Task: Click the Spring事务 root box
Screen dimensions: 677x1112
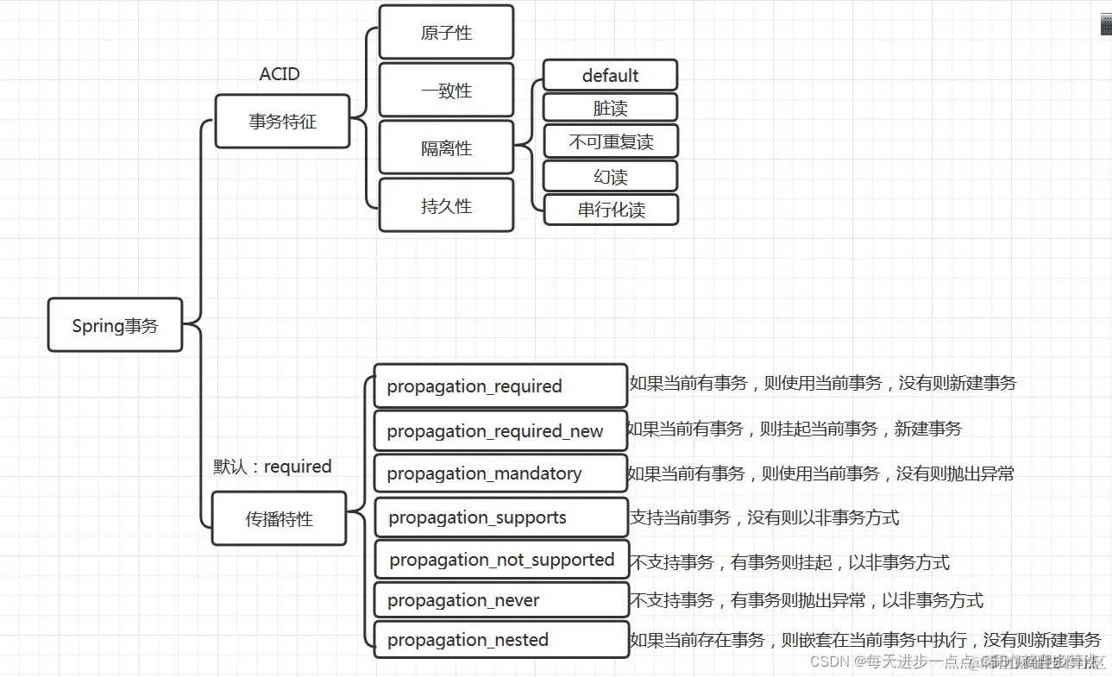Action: (115, 325)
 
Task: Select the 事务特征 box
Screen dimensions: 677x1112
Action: (282, 122)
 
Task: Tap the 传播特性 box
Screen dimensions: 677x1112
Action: (279, 519)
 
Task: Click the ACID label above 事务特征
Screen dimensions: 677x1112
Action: (280, 74)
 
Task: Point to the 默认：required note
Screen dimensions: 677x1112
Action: (273, 467)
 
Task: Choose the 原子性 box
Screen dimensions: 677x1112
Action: (446, 33)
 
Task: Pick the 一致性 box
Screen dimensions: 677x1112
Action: (446, 91)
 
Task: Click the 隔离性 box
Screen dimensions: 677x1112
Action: (446, 148)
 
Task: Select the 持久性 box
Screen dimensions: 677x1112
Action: (446, 206)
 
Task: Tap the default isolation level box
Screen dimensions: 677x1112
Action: (610, 76)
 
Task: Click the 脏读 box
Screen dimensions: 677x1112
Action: (610, 108)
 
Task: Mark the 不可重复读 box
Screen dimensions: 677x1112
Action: (610, 141)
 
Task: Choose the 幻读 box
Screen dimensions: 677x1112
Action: (610, 177)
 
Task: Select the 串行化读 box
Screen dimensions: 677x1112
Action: (611, 210)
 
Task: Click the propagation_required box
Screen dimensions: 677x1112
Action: (500, 386)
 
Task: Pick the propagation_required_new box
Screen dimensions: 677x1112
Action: (500, 431)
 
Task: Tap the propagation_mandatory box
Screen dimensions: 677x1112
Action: (500, 473)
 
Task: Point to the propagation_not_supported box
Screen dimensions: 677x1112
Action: (501, 560)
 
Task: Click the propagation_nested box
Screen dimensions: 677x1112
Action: (500, 640)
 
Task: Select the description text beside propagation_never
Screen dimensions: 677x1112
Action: (806, 601)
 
